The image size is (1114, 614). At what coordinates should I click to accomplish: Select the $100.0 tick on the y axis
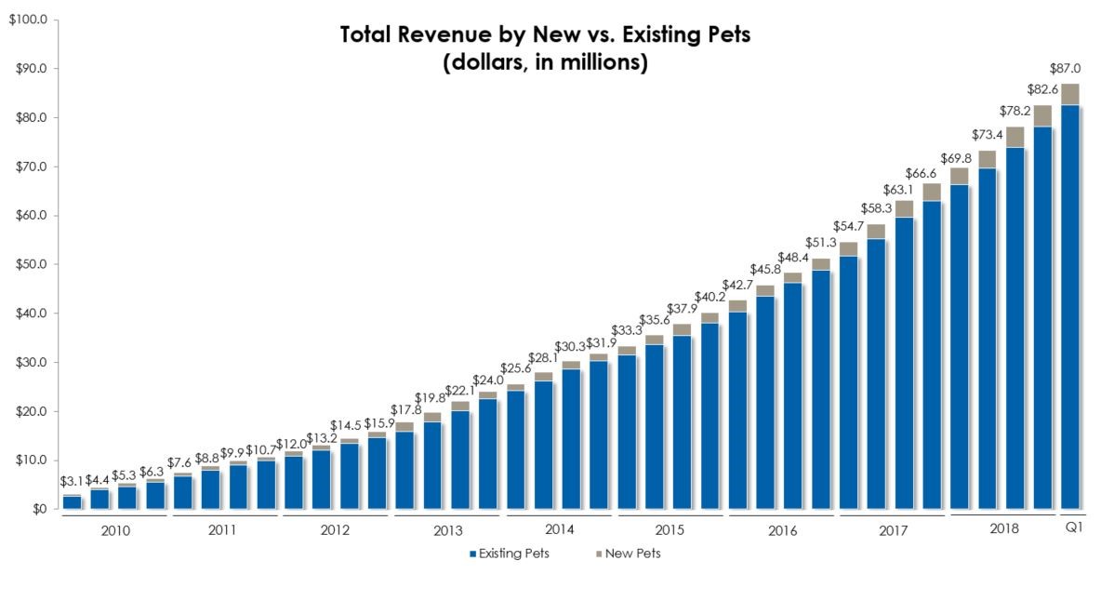pyautogui.click(x=28, y=20)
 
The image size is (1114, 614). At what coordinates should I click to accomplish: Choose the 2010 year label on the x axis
pyautogui.click(x=115, y=529)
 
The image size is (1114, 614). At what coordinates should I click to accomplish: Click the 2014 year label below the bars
pyautogui.click(x=559, y=529)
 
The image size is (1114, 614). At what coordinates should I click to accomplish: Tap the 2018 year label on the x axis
pyautogui.click(x=1003, y=528)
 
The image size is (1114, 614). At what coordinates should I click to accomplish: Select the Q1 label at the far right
pyautogui.click(x=1072, y=528)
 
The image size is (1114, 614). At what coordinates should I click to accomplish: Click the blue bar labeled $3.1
pyautogui.click(x=71, y=502)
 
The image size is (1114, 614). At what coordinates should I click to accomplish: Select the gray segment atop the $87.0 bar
pyautogui.click(x=1068, y=94)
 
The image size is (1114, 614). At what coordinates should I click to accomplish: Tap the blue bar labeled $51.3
pyautogui.click(x=820, y=390)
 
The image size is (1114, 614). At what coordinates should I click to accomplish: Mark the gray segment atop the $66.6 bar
pyautogui.click(x=931, y=192)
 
